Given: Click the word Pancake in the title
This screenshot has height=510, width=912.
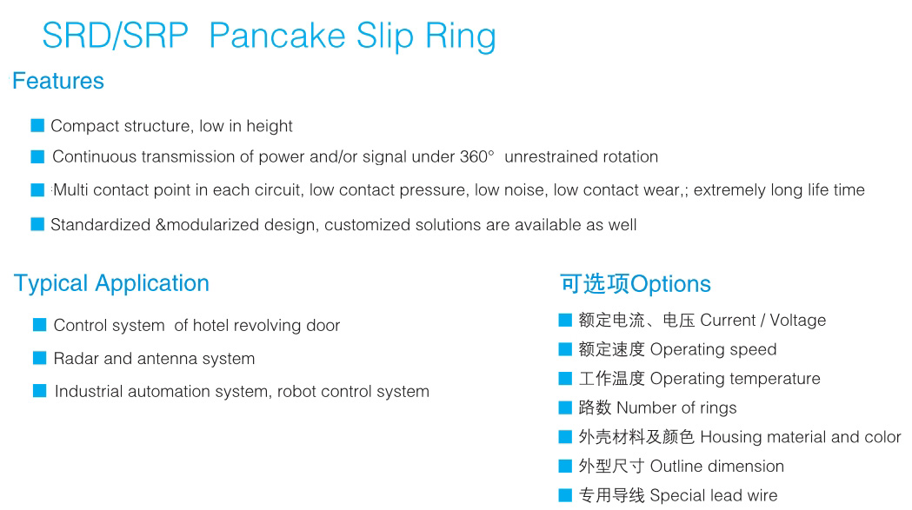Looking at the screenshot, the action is click(x=276, y=36).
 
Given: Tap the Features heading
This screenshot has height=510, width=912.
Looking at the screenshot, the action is click(x=58, y=81).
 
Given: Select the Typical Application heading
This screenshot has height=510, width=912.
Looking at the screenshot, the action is click(x=111, y=284).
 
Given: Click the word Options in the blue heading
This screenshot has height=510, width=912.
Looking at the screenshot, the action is click(x=670, y=284).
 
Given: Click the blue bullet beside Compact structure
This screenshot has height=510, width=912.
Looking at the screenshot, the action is click(x=37, y=126).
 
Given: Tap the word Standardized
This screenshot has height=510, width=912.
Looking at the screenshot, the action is click(x=101, y=224).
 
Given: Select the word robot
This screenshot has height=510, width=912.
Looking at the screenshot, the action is click(x=296, y=391).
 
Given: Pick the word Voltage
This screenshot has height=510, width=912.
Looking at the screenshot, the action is click(x=798, y=320).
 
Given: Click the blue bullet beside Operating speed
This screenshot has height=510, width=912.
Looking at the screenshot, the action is click(x=565, y=349).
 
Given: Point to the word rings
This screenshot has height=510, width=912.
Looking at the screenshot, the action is click(x=718, y=407).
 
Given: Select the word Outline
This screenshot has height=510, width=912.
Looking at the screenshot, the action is click(x=676, y=466).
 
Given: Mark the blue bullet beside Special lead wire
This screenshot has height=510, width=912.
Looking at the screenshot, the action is click(x=565, y=495).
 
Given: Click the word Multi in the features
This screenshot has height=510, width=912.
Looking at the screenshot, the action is click(x=71, y=190).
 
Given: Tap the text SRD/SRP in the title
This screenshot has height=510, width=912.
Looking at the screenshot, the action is click(x=115, y=36).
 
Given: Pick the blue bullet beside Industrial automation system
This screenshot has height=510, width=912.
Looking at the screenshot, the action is click(x=39, y=391).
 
